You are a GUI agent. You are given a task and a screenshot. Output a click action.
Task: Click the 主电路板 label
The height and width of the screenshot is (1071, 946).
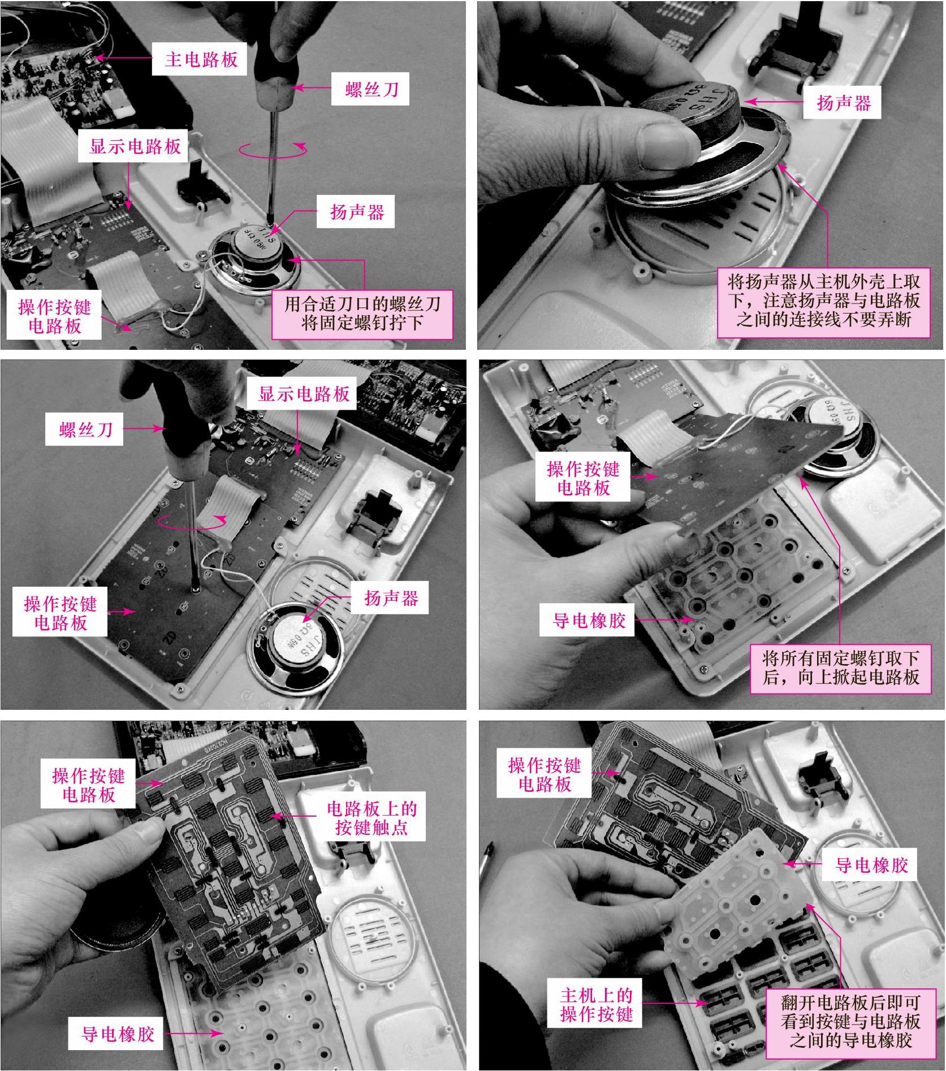[201, 59]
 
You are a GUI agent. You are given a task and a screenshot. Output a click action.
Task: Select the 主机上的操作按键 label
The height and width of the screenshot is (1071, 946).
[597, 1004]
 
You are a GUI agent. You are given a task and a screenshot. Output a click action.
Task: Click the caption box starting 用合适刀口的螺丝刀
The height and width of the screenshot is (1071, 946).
[362, 314]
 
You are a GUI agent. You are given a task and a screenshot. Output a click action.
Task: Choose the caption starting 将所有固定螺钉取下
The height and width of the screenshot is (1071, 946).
[840, 667]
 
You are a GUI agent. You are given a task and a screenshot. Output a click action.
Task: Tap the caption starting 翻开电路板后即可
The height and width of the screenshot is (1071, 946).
[850, 1021]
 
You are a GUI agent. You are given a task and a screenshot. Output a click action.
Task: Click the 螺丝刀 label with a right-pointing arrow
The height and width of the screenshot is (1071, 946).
[85, 430]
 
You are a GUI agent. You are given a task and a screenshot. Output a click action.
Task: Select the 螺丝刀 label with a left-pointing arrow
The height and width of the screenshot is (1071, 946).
[372, 89]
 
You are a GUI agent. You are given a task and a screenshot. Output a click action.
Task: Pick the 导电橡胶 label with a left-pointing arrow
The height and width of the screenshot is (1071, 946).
[871, 865]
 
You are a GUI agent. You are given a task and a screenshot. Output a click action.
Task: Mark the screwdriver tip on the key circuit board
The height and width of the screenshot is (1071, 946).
[195, 588]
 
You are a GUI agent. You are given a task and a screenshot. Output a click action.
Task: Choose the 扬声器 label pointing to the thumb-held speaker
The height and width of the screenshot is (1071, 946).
[843, 103]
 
